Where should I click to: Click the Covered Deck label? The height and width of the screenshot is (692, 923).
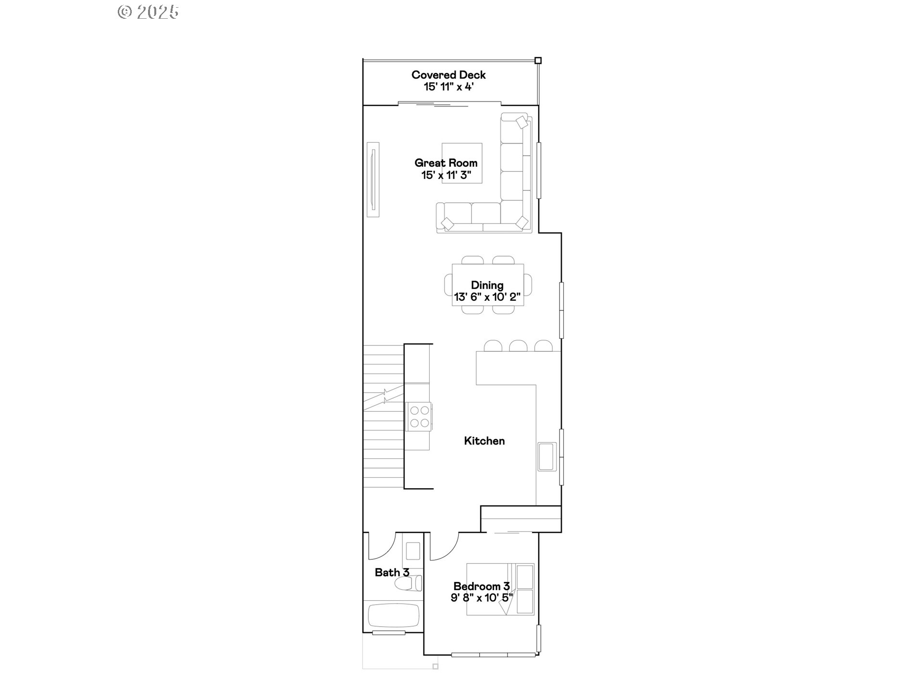[449, 75]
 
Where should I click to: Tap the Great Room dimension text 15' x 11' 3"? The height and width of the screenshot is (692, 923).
[446, 175]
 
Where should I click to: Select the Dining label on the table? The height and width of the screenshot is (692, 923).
[487, 285]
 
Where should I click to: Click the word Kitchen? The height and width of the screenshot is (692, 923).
[484, 441]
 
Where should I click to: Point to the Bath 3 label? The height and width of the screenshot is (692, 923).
[392, 572]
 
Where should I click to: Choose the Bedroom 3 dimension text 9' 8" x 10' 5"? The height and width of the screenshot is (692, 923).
[482, 598]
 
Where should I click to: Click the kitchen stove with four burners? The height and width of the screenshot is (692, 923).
[420, 417]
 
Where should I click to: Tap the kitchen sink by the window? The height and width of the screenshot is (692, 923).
[547, 457]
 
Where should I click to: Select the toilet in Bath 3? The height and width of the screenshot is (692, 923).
[408, 583]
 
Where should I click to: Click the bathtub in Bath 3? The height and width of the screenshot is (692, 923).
[393, 615]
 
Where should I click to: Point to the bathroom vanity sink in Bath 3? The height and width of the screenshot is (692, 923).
[413, 551]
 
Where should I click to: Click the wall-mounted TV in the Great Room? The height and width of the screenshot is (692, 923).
[373, 179]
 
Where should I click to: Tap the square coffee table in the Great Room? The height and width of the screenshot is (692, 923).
[462, 163]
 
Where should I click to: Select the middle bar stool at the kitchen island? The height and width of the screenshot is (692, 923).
[518, 346]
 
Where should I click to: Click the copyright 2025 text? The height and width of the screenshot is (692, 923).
[148, 12]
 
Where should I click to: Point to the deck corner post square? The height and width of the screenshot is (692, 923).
[538, 61]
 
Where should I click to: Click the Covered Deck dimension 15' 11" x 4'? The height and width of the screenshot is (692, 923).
[449, 87]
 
